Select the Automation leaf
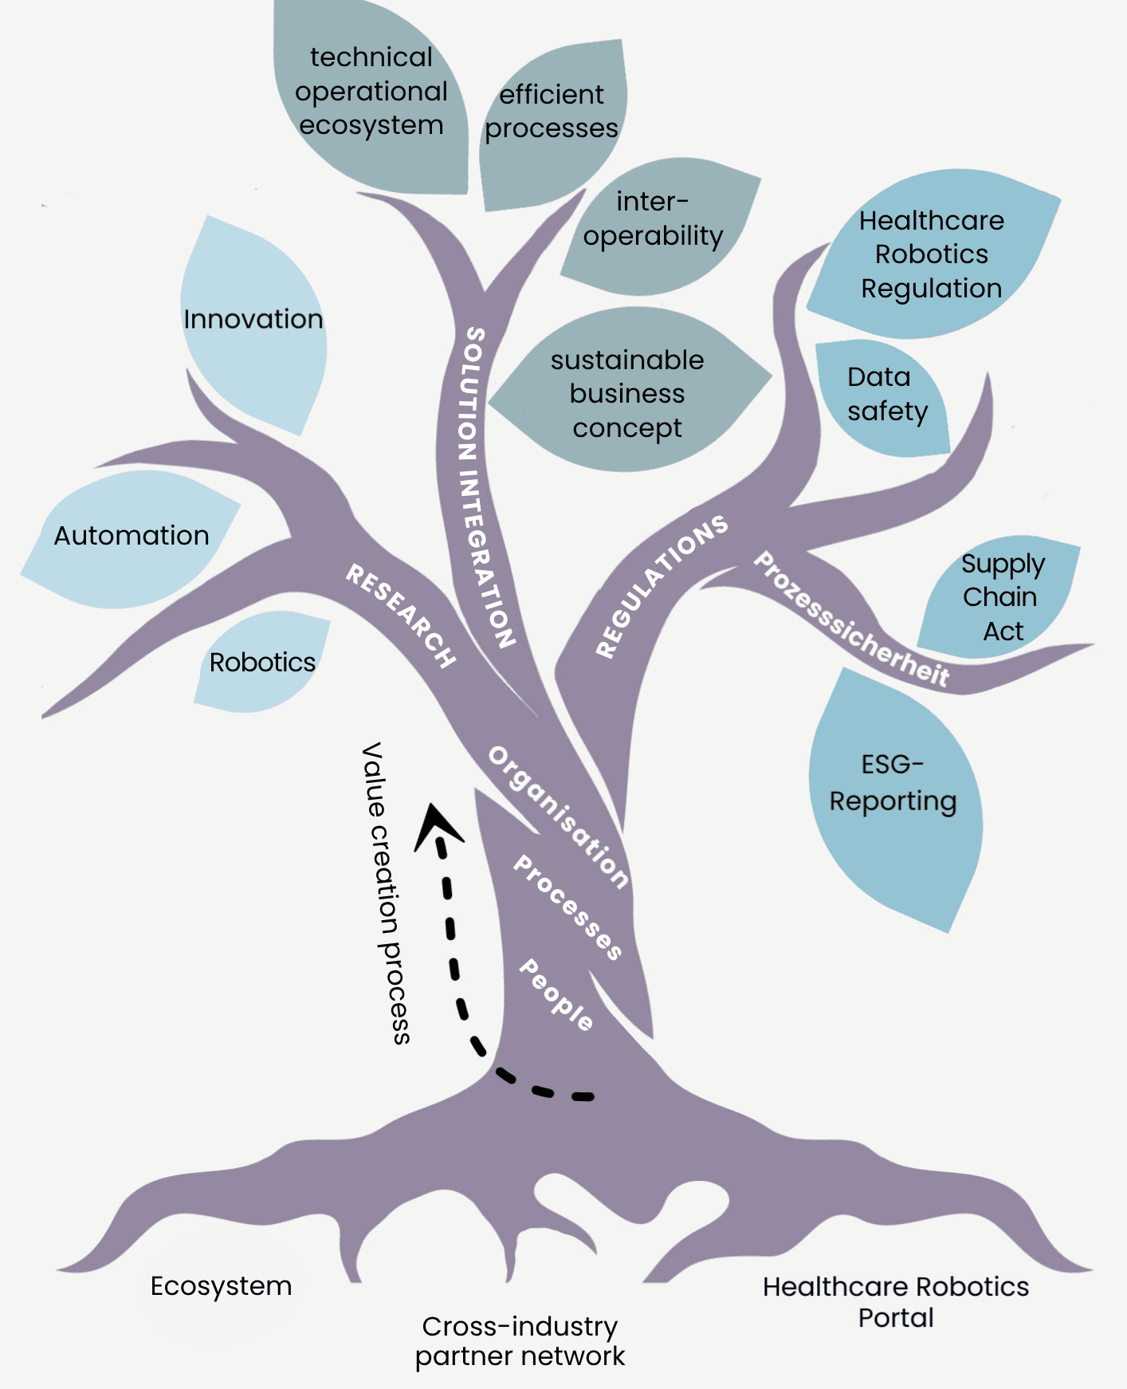pos(132,536)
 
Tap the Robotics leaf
pos(262,663)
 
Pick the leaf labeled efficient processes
pos(552,112)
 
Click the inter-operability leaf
pos(654,219)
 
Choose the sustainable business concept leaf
pos(627,394)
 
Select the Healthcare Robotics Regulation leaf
pos(931,254)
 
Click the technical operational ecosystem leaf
pos(371,92)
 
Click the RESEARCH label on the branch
pos(401,615)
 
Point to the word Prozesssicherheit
pos(851,620)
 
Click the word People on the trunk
pos(556,994)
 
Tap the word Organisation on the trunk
pos(559,817)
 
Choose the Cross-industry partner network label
pos(520,1341)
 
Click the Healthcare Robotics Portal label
pos(896,1301)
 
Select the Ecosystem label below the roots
pos(222,1286)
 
